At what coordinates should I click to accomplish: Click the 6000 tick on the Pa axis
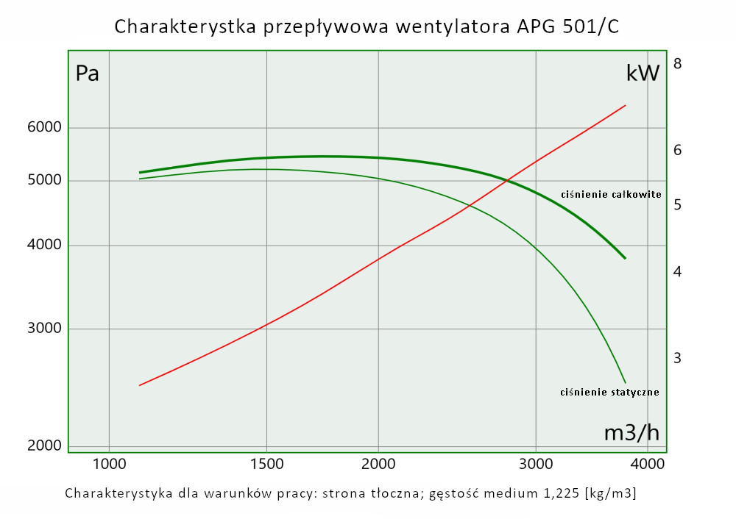click(45, 128)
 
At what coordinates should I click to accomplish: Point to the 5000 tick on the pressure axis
click(45, 181)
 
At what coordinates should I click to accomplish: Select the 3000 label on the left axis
click(45, 329)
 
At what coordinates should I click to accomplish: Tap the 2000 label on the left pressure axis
click(45, 445)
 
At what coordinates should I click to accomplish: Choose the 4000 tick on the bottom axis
click(647, 465)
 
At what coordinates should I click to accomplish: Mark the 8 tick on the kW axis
click(678, 64)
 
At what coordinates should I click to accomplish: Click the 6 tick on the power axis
click(678, 150)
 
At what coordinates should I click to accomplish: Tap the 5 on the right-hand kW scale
click(678, 204)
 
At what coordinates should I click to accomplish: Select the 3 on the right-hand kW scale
click(678, 358)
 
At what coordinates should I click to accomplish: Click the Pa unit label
click(88, 74)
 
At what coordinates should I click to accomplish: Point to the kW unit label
click(643, 74)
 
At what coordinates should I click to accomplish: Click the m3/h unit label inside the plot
click(631, 433)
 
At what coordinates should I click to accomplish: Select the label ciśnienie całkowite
click(611, 195)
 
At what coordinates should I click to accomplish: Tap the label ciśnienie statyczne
click(609, 392)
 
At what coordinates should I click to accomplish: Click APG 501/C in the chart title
click(567, 27)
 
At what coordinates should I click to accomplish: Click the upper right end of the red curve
click(626, 105)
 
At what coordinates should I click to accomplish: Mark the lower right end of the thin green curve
click(626, 383)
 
